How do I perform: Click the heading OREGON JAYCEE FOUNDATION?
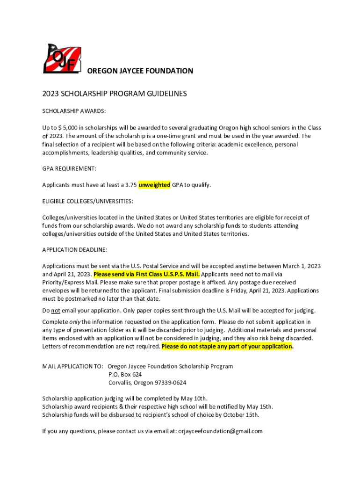pos(140,71)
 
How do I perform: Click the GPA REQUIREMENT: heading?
pos(69,168)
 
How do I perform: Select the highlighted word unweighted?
pos(154,185)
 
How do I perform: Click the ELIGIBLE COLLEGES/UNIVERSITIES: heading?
pos(87,201)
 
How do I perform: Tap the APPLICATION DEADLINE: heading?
pos(75,250)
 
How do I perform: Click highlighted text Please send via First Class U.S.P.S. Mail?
pos(147,274)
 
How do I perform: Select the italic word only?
pos(75,322)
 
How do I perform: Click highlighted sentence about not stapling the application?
pos(227,347)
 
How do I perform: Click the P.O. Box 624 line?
pos(125,375)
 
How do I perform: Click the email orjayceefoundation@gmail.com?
pos(220,431)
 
